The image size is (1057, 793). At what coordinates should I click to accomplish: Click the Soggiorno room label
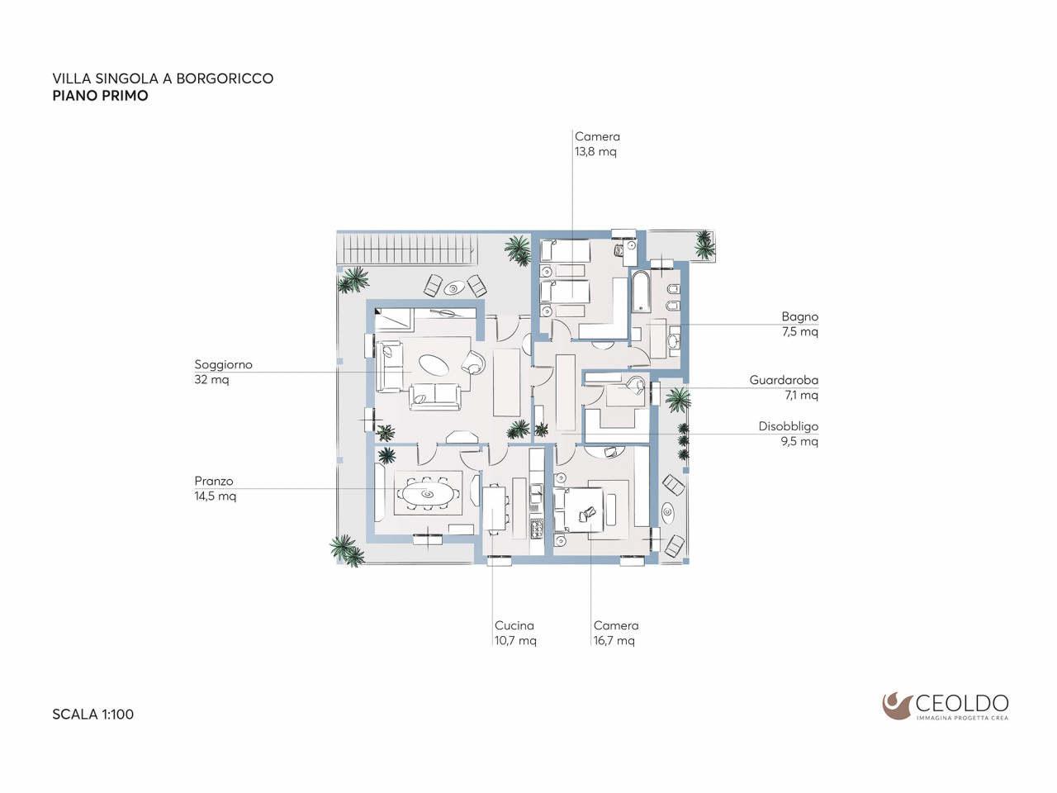223,365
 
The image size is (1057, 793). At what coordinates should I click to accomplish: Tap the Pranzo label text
214,481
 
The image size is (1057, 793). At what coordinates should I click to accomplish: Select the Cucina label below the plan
514,625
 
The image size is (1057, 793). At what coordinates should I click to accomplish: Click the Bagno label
800,317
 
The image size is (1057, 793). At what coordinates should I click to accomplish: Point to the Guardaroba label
784,380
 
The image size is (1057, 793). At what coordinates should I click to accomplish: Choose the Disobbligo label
789,426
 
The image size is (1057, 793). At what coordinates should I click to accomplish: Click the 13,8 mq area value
595,152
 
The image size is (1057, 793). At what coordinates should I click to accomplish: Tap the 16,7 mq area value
614,641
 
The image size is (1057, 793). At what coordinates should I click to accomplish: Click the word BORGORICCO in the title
225,78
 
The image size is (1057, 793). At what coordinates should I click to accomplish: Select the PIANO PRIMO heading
100,96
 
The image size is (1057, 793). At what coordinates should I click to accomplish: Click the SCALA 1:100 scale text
93,714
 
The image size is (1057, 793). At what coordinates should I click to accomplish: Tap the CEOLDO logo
946,707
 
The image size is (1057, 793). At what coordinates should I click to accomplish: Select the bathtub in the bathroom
641,292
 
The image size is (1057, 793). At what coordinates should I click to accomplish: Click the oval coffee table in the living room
434,364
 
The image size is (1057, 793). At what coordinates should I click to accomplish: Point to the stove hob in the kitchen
537,529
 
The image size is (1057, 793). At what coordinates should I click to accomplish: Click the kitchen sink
536,492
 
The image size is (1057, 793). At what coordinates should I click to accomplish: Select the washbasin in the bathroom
674,341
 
